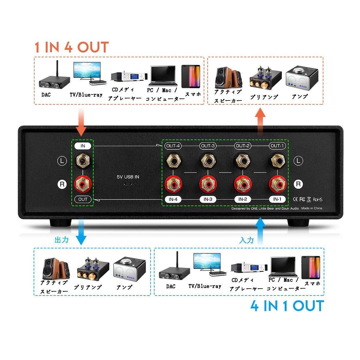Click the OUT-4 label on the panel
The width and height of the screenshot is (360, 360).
pos(173,146)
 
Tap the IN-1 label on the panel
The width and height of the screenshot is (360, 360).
pos(277,199)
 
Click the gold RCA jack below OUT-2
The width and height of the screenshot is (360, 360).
pos(242,160)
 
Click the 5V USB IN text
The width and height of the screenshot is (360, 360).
pos(128,177)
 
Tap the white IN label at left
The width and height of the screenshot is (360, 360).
pos(83,146)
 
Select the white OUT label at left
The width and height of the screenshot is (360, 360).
pos(83,199)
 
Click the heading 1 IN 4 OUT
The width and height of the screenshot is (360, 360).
pos(71,47)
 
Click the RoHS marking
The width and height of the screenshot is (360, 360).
pos(318,199)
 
